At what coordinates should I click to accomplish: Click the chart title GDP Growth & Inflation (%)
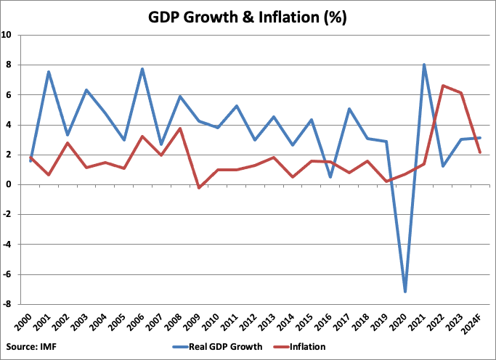click(248, 16)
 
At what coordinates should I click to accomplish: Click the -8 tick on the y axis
click(8, 305)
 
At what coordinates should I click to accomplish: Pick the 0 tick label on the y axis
click(9, 184)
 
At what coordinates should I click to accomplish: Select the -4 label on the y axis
click(8, 245)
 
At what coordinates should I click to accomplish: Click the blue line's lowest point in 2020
click(405, 292)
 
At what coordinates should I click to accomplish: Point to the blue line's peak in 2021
click(424, 65)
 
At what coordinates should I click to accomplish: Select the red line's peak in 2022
click(443, 86)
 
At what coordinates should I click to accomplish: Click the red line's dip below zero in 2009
click(199, 188)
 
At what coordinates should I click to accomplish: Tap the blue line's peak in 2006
click(142, 69)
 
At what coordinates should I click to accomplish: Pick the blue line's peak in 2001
click(49, 72)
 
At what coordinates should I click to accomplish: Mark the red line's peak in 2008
click(180, 128)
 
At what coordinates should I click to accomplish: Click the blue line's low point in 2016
click(330, 176)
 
